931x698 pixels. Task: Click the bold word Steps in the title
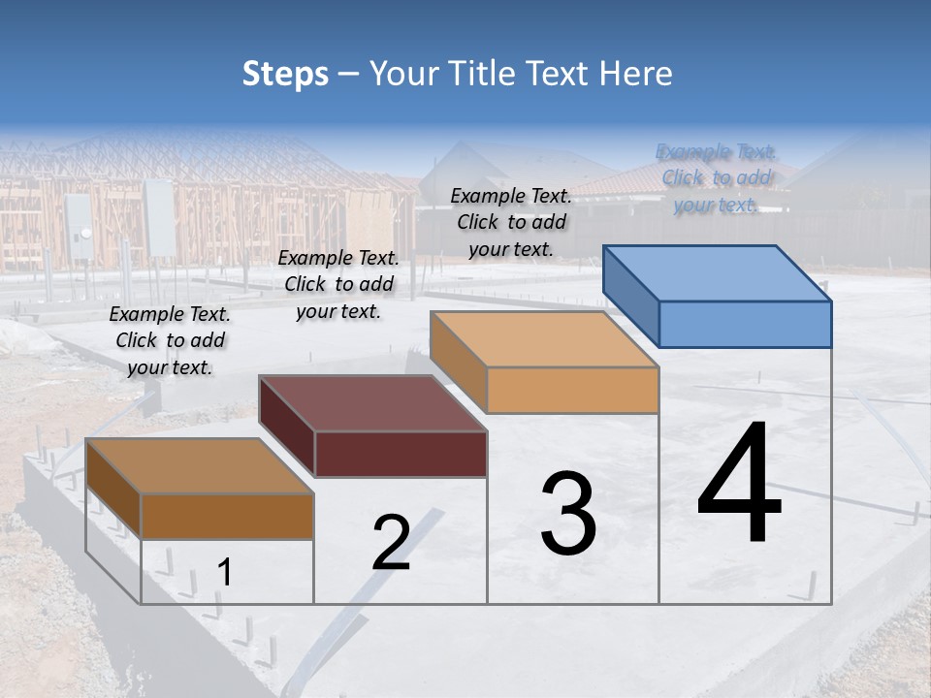[285, 74]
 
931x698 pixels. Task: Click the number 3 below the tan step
[568, 514]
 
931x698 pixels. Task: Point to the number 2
[391, 543]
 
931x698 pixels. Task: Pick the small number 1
[224, 573]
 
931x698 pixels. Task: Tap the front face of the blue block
[745, 324]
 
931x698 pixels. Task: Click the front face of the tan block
[572, 390]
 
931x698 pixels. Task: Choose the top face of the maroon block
[373, 402]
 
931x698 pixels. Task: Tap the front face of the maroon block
[401, 454]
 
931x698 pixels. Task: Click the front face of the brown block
[228, 516]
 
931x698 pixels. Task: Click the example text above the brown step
[170, 340]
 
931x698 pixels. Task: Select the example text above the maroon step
[338, 284]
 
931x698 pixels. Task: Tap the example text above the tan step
[511, 222]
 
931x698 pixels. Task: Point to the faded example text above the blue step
[717, 177]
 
